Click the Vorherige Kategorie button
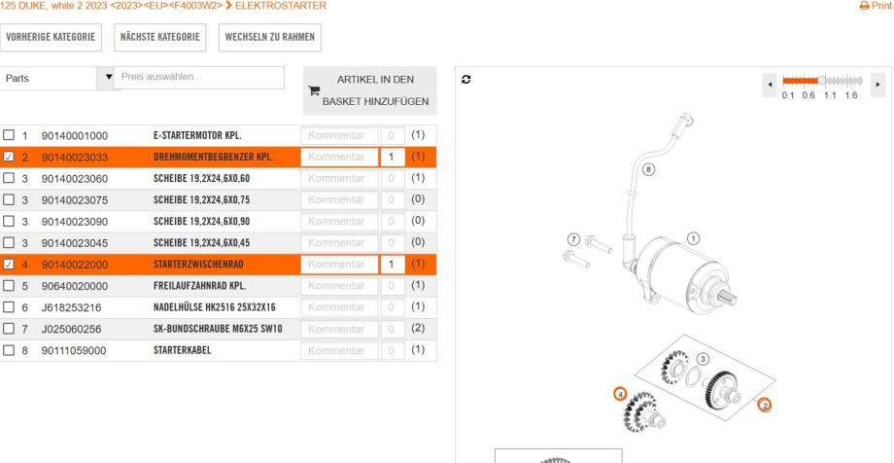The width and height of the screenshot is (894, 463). (51, 37)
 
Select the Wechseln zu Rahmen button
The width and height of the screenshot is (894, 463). (270, 37)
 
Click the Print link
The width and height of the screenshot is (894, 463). (876, 6)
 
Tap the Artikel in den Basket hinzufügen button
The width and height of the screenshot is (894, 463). (370, 90)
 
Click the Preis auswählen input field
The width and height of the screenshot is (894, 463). (199, 78)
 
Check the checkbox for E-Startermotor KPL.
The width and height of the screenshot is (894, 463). (9, 135)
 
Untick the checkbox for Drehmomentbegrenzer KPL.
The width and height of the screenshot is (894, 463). (9, 157)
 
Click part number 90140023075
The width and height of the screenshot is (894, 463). (75, 200)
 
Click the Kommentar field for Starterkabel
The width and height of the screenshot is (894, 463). (339, 350)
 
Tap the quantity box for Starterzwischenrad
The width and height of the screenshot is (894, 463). (393, 265)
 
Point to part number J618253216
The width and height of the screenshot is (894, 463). (71, 307)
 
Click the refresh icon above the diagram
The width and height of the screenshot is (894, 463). (466, 80)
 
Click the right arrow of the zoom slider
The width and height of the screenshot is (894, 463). (878, 85)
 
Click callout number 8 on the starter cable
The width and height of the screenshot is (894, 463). (648, 169)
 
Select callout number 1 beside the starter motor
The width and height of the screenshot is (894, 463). (693, 238)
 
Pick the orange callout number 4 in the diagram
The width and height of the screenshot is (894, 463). (620, 394)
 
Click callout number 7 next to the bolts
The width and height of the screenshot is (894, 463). (574, 239)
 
